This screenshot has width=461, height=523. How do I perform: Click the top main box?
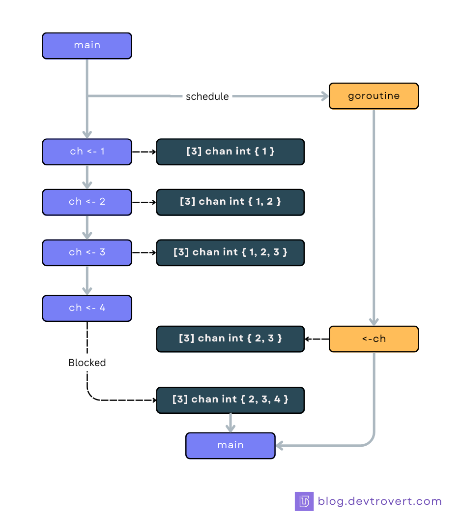[x=87, y=46]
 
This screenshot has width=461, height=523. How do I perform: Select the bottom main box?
[x=230, y=445]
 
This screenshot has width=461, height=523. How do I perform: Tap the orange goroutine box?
[x=374, y=96]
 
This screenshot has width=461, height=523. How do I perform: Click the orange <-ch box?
[x=374, y=339]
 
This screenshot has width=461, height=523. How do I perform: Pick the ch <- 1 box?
[x=87, y=152]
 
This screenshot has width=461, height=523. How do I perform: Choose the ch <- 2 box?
[x=87, y=202]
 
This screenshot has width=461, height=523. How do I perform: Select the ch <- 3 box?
[x=87, y=252]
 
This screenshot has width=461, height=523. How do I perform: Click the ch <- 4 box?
[x=87, y=308]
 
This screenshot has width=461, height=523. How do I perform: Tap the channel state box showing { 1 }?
[x=230, y=152]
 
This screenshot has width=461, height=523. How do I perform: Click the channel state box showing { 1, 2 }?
[x=230, y=202]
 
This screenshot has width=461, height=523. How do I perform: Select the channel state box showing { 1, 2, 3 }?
[x=230, y=252]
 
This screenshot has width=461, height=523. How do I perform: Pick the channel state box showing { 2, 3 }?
[x=230, y=339]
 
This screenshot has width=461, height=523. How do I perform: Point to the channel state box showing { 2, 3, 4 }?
[x=230, y=400]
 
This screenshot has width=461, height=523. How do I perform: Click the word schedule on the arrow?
[x=207, y=96]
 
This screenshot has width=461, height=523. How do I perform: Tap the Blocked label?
[x=87, y=363]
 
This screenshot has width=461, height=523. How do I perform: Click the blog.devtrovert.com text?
[x=379, y=501]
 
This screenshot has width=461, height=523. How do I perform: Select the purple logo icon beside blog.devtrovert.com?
[x=304, y=501]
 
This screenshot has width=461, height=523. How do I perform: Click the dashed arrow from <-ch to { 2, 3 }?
[x=317, y=339]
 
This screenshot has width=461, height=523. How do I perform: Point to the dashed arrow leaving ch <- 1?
[x=144, y=152]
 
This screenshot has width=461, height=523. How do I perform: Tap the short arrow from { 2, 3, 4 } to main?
[x=230, y=422]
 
